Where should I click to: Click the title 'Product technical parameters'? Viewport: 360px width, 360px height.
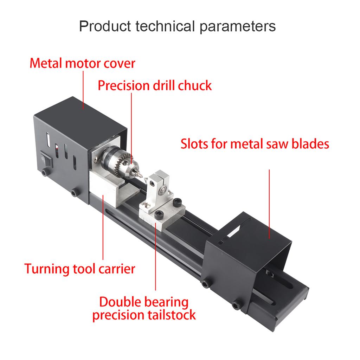(177, 26)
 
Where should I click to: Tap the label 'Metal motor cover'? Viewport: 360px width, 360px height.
(82, 63)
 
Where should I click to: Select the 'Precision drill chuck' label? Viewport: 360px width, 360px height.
(155, 85)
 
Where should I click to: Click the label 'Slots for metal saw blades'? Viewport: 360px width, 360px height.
(255, 144)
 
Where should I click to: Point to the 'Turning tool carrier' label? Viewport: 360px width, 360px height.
(80, 269)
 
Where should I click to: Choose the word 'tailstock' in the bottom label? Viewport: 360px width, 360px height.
(172, 315)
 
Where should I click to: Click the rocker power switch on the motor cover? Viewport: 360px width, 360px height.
(46, 159)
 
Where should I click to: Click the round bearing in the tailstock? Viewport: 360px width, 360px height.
(163, 190)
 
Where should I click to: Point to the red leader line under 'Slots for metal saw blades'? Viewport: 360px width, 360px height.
(269, 204)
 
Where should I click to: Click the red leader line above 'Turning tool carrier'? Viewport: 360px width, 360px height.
(103, 227)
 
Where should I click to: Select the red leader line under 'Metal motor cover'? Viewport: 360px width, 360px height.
(83, 90)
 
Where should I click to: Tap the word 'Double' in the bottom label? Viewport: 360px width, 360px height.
(116, 302)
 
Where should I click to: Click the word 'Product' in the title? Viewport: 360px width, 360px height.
(105, 26)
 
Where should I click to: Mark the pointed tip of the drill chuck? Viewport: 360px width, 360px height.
(142, 178)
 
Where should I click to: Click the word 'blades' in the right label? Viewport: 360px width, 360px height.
(310, 144)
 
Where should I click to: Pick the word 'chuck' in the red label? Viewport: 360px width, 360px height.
(195, 85)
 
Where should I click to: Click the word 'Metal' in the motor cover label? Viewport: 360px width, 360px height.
(46, 63)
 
